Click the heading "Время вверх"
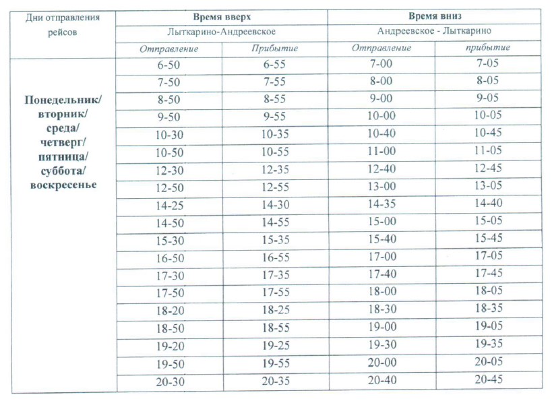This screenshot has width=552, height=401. tap(222, 16)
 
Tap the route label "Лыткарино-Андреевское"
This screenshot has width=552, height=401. tap(222, 32)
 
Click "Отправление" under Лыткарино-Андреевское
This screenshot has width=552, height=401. tap(169, 49)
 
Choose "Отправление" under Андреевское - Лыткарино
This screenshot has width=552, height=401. tap(381, 48)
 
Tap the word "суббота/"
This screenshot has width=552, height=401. tap(63, 171)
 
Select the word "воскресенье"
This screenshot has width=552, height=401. tap(63, 185)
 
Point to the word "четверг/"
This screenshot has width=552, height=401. tap(63, 142)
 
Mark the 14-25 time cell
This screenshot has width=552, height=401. tap(169, 204)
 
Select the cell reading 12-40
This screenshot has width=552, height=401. tap(381, 168)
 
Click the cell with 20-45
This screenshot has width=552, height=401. tap(489, 379)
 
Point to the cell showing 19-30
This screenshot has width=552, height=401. tap(381, 344)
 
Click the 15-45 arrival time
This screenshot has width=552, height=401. tap(489, 239)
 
